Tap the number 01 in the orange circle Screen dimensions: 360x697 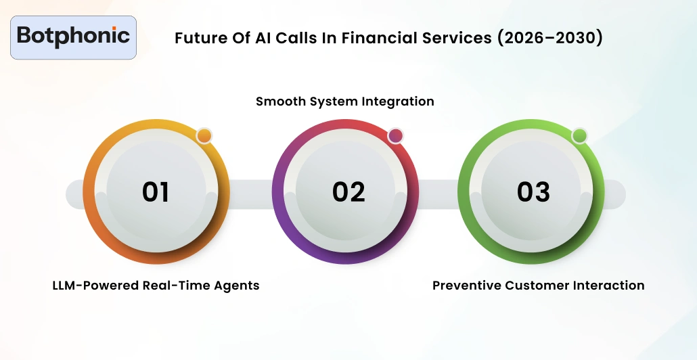(x=155, y=192)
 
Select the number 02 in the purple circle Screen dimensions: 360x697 (x=348, y=192)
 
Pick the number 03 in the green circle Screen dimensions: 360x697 (x=533, y=192)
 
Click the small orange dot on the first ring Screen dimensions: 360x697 (x=204, y=136)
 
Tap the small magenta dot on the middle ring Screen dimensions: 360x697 (x=395, y=136)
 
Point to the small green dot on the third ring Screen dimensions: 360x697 (x=579, y=136)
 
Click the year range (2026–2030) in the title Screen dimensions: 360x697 (x=549, y=38)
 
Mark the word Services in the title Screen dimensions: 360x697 (x=458, y=38)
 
